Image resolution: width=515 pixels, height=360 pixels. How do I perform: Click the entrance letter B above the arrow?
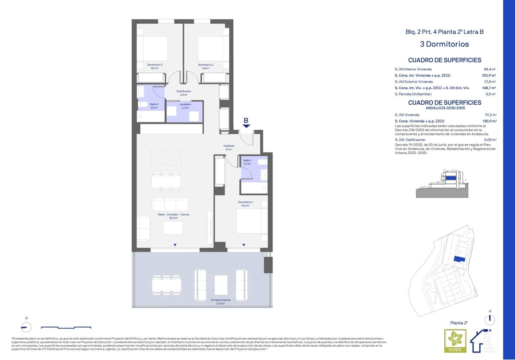coord(246,120)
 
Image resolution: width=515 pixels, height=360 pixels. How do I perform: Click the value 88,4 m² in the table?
coord(490,69)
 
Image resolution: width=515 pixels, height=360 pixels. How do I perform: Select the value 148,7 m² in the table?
coord(489,88)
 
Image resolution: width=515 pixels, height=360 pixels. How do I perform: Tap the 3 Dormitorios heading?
coord(444,44)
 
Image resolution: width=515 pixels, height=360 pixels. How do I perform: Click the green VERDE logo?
coord(455,341)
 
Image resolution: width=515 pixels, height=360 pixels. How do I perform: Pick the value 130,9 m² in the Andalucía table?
coord(489,121)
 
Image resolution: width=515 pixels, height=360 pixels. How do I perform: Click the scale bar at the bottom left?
coord(66,327)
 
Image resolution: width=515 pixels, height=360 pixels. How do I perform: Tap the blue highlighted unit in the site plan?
coord(459,259)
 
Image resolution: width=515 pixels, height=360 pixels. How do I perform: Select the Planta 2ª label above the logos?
coord(459,323)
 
